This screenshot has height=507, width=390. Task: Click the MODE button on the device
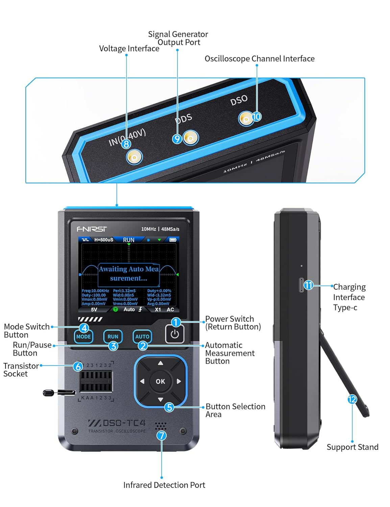[83, 337]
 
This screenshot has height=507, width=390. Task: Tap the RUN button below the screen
[113, 337]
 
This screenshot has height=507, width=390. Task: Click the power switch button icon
[175, 334]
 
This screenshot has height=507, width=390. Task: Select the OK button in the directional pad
[161, 381]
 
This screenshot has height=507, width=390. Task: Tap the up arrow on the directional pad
[161, 363]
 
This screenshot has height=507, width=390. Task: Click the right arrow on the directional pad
[179, 381]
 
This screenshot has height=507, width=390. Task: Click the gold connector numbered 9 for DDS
[191, 138]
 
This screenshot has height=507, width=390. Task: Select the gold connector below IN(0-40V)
[135, 157]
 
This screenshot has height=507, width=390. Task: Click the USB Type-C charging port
[301, 285]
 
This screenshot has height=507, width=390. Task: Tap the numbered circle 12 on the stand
[352, 400]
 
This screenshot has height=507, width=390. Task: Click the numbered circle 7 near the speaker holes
[162, 435]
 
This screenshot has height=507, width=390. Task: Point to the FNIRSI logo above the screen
[92, 229]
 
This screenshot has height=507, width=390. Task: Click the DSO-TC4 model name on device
[117, 423]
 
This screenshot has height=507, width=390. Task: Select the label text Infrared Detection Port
[164, 485]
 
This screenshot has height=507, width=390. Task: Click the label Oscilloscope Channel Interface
[260, 59]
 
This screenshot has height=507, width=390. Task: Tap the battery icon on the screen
[173, 240]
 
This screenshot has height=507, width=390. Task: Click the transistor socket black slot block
[96, 381]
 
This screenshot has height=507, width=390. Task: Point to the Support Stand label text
[352, 447]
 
